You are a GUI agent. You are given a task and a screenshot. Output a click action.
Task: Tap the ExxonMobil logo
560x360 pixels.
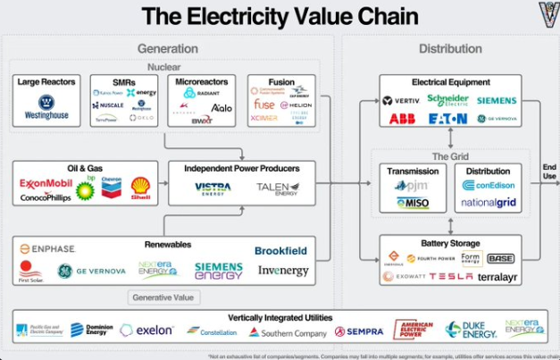pyautogui.click(x=45, y=183)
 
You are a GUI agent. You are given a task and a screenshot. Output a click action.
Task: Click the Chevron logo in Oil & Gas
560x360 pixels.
pyautogui.click(x=111, y=184)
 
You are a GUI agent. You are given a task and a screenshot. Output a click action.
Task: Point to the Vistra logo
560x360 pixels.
pyautogui.click(x=213, y=188)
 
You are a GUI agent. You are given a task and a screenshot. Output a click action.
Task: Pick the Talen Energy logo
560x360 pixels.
pyautogui.click(x=277, y=188)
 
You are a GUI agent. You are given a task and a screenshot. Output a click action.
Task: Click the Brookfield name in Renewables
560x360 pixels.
pyautogui.click(x=281, y=251)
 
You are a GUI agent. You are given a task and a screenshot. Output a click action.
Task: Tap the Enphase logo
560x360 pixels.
pyautogui.click(x=47, y=248)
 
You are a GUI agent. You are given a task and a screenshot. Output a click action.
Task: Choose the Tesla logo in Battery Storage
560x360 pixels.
pyautogui.click(x=452, y=277)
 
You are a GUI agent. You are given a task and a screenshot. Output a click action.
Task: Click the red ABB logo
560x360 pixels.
pyautogui.click(x=403, y=118)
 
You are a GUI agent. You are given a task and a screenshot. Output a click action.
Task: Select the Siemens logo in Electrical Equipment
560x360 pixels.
pyautogui.click(x=497, y=101)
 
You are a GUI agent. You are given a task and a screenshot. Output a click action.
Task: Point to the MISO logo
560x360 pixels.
pyautogui.click(x=413, y=203)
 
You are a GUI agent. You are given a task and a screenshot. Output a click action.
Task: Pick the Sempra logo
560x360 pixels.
pyautogui.click(x=359, y=331)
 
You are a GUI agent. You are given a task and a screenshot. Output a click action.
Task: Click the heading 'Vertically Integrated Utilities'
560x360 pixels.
pyautogui.click(x=280, y=317)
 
